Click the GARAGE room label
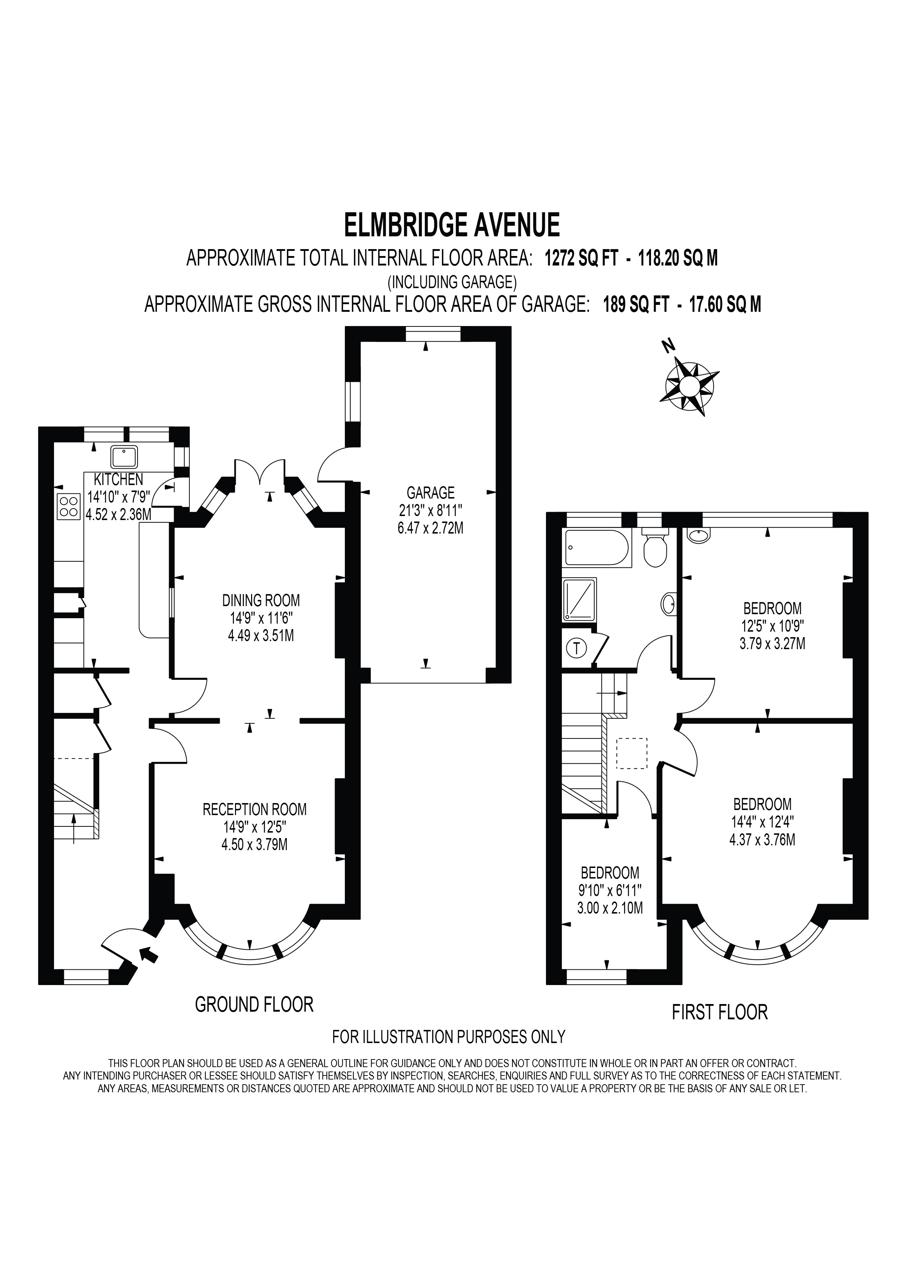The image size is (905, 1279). [x=430, y=492]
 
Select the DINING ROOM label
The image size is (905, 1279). [x=261, y=601]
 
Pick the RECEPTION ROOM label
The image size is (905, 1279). [x=255, y=809]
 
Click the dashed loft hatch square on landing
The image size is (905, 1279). [x=632, y=753]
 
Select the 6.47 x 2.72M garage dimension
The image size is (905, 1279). [x=430, y=527]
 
